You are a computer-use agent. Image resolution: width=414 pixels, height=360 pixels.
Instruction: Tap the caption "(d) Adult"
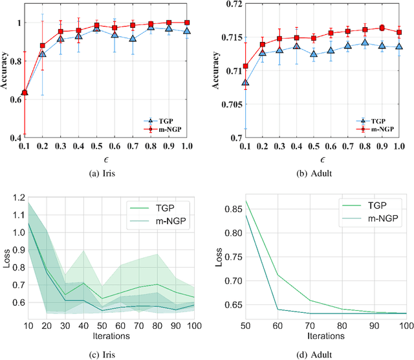click(x=317, y=354)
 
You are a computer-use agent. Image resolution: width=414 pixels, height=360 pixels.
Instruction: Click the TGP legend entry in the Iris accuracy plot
click(x=162, y=120)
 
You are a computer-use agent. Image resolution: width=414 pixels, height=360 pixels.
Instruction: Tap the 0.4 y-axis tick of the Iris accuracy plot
click(x=15, y=138)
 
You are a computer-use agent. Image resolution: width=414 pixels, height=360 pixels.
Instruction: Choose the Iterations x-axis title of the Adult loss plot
click(x=318, y=336)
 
